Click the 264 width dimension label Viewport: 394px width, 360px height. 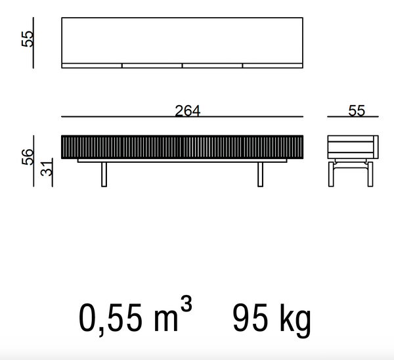pos(188,111)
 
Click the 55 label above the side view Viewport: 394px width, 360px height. pos(357,111)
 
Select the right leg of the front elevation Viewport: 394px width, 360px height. pos(260,174)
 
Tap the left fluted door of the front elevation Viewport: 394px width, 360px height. pos(121,146)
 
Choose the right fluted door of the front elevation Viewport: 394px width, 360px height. pos(242,146)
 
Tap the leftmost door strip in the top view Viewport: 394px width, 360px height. pos(92,66)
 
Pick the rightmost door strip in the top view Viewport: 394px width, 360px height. pos(273,66)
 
